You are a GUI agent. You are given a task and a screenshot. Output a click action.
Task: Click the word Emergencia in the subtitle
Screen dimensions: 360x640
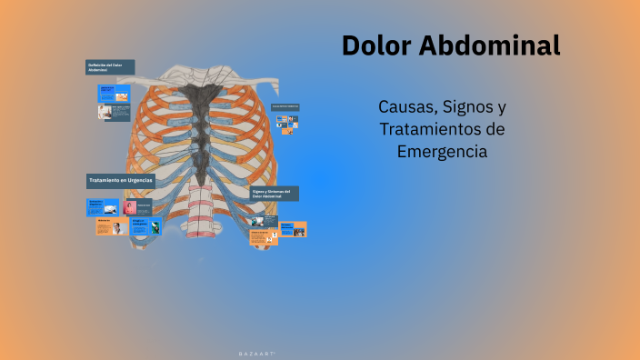(x=442, y=152)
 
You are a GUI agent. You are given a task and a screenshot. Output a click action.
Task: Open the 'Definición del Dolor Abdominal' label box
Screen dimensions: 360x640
(x=110, y=67)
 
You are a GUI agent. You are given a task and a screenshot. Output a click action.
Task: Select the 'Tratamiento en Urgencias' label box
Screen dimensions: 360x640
(x=121, y=181)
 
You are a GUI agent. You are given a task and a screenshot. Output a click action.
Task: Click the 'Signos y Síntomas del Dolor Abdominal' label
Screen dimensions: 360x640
(x=275, y=194)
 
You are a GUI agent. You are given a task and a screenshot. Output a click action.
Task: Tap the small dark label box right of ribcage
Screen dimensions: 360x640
(x=285, y=107)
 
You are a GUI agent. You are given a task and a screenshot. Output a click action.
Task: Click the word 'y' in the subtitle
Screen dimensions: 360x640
(x=502, y=107)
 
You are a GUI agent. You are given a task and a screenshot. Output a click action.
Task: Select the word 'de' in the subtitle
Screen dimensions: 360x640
(x=495, y=129)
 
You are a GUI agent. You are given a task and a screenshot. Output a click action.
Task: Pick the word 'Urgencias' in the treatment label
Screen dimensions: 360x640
(x=139, y=181)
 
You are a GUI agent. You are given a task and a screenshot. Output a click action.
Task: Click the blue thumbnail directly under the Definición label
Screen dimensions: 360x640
(x=115, y=94)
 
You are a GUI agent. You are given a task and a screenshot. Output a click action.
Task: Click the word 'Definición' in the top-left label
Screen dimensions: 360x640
(x=98, y=65)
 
